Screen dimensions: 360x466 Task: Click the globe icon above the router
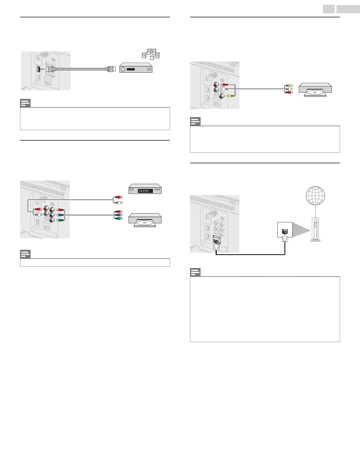tap(315, 196)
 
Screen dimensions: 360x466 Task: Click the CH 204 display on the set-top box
tap(144, 191)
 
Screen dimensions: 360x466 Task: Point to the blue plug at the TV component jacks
tap(60, 215)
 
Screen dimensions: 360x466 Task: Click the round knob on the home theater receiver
tap(123, 69)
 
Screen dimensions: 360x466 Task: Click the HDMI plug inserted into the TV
tap(49, 69)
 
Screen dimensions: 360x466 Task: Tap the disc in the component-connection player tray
tap(145, 222)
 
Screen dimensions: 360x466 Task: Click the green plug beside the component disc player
tap(118, 219)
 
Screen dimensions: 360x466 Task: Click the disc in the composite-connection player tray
tap(315, 92)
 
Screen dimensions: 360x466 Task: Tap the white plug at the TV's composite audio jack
tap(224, 89)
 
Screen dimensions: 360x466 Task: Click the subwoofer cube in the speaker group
tap(151, 58)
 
